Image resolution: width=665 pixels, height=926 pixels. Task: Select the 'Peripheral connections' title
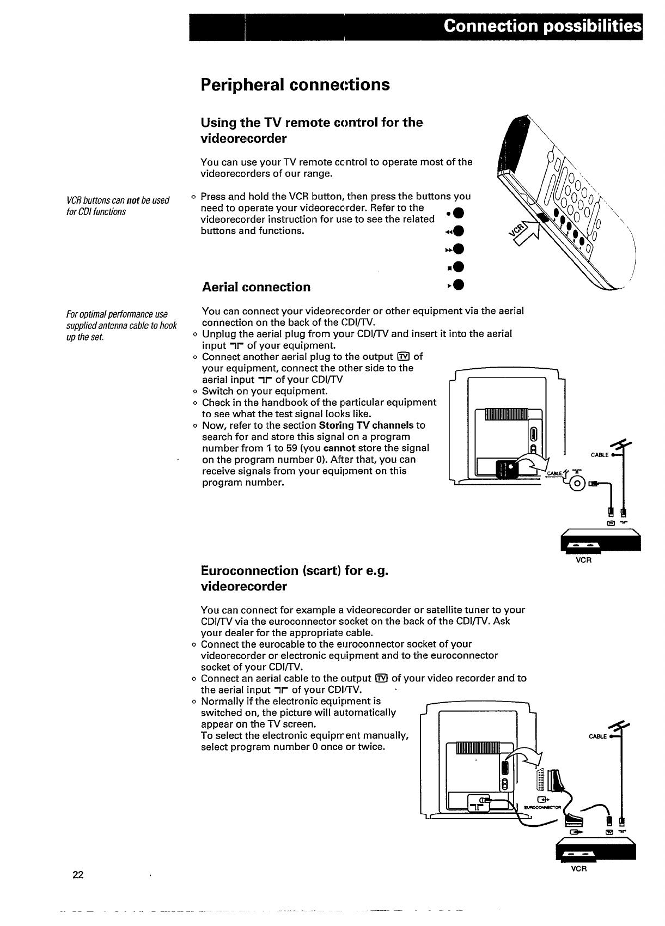click(295, 85)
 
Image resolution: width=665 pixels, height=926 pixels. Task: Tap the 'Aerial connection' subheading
click(256, 287)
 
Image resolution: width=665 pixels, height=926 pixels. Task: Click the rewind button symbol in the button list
click(457, 231)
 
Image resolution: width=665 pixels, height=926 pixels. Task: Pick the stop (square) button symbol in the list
click(457, 267)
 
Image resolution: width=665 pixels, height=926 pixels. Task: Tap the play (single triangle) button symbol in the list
click(457, 285)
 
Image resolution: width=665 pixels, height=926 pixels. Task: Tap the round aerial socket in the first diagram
click(578, 482)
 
